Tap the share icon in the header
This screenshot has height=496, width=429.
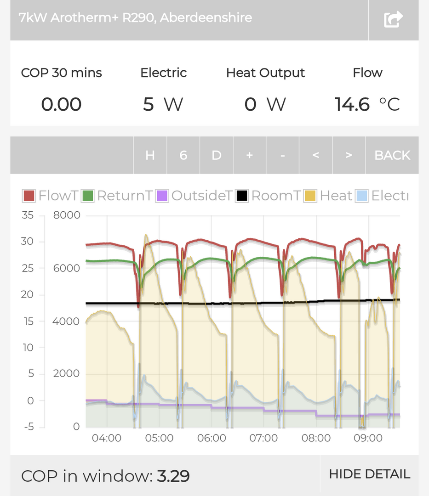393,19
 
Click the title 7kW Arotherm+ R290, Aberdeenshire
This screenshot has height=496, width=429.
135,18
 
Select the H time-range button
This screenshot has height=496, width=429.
150,155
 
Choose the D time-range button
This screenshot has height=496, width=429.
216,155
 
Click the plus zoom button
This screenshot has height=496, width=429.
249,155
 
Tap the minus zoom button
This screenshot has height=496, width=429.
282,155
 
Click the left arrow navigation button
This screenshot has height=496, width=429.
315,155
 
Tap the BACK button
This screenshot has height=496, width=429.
392,155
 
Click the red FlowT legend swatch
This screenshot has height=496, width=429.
29,196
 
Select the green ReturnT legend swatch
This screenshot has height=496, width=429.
87,196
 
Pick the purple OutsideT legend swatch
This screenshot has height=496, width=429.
162,196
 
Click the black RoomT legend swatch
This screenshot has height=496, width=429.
242,196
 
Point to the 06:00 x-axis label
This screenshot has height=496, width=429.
211,438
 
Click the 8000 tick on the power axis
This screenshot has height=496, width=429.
67,215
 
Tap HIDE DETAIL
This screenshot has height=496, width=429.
369,474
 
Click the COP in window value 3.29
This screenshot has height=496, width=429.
173,476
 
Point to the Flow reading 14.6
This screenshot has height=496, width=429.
352,105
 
